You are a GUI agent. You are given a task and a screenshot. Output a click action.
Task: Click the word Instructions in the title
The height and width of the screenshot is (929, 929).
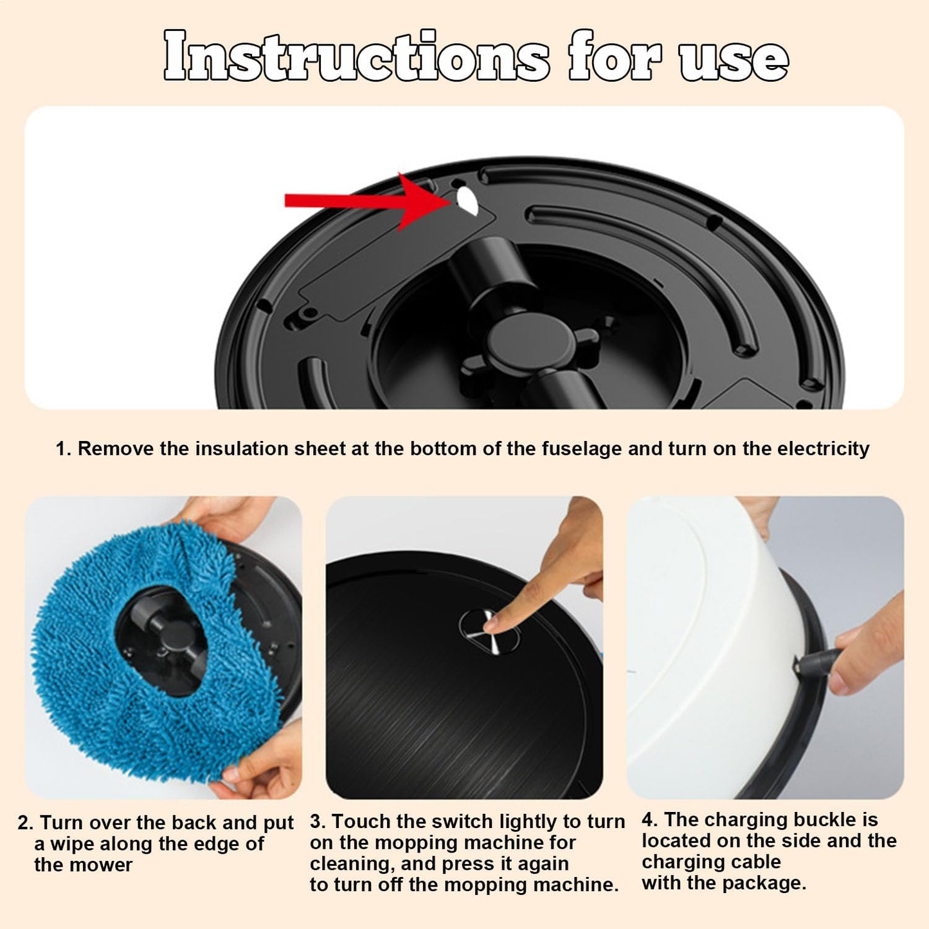point(356,57)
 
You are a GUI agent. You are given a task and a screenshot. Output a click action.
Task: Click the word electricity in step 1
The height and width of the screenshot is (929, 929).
point(823,448)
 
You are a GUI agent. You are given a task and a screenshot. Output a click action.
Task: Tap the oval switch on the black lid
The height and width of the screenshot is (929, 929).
point(489,632)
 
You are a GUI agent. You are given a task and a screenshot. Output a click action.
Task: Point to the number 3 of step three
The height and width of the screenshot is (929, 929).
point(316,822)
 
